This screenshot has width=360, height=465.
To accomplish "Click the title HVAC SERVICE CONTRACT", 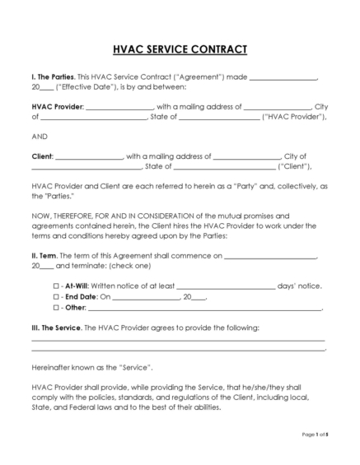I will click(180, 49).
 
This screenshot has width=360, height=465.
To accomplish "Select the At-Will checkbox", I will click(57, 286).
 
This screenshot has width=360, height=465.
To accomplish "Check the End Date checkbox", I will click(57, 296).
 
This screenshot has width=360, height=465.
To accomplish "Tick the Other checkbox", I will click(57, 308).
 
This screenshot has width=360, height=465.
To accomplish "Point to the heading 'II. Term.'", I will click(44, 256).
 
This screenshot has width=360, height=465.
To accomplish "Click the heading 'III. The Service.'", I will click(57, 328).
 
